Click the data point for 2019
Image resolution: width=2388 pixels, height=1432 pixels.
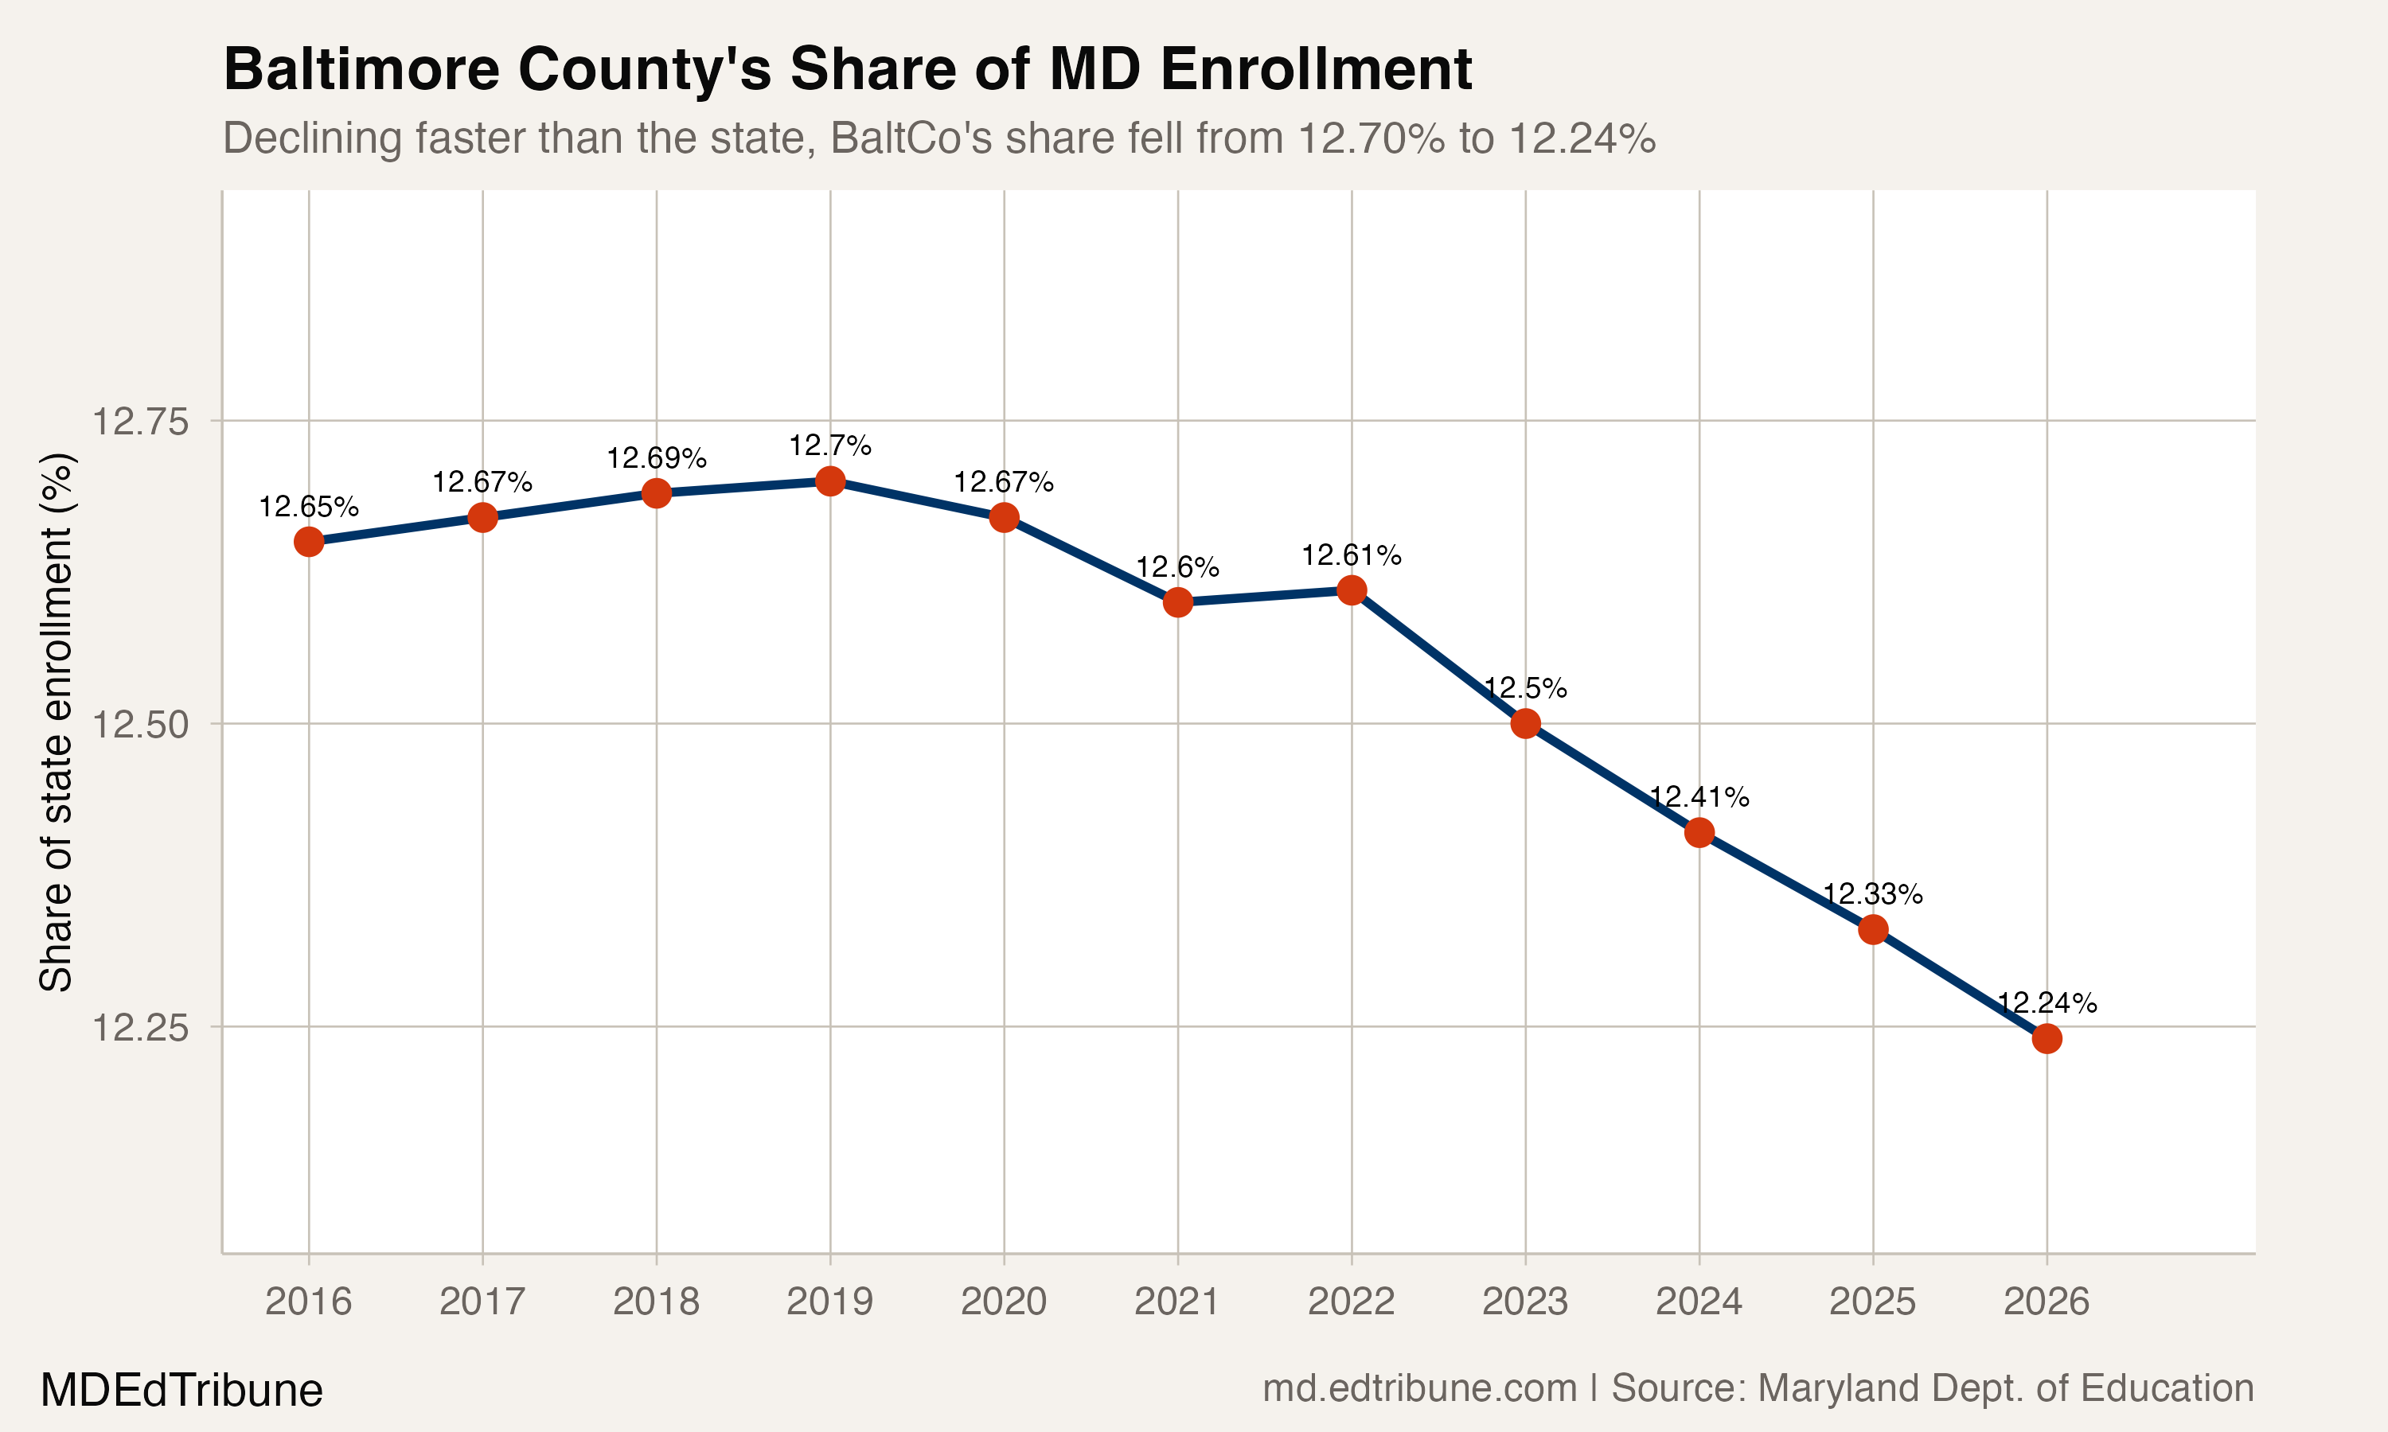click(x=830, y=481)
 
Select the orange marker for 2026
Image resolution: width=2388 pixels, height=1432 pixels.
click(x=2047, y=1039)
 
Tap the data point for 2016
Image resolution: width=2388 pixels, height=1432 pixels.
click(x=308, y=543)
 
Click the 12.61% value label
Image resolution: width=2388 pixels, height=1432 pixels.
click(x=1352, y=556)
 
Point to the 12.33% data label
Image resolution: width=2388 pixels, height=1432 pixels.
click(x=1872, y=894)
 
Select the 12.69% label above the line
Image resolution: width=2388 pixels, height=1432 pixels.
click(x=657, y=458)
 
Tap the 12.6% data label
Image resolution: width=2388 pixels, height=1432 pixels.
click(x=1177, y=567)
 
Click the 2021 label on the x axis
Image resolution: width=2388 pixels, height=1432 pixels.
click(x=1177, y=1302)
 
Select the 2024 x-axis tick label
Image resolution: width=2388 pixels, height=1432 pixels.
click(x=1699, y=1302)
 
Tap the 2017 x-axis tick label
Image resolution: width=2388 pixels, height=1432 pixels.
click(x=482, y=1302)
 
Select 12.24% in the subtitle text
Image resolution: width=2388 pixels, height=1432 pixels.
click(x=1581, y=138)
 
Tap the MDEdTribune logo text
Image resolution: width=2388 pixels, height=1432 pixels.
click(x=181, y=1391)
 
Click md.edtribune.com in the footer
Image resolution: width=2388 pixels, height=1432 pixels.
click(x=1419, y=1388)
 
